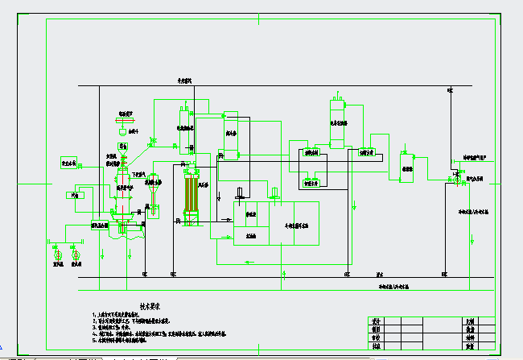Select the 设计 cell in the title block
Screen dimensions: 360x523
click(x=376, y=321)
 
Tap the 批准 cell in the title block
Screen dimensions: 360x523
click(x=376, y=346)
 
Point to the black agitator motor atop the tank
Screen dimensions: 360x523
click(x=239, y=193)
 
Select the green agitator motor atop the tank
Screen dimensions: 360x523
click(x=274, y=192)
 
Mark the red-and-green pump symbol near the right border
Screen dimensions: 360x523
click(x=457, y=180)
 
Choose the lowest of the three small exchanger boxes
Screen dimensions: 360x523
click(x=311, y=183)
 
